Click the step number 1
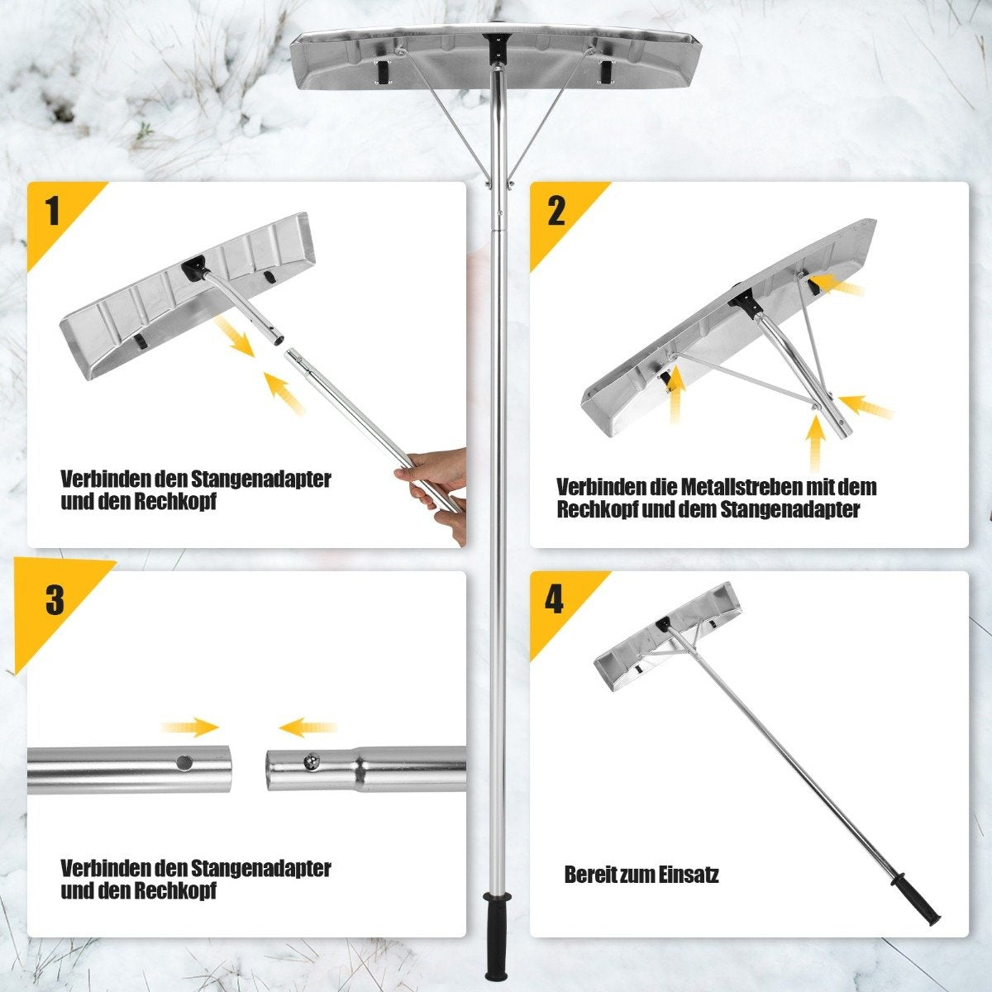[x=53, y=212]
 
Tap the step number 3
[x=55, y=600]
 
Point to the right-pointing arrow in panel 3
[x=191, y=727]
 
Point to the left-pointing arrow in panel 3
[x=308, y=727]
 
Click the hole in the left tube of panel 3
[x=184, y=762]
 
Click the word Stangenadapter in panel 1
[x=261, y=479]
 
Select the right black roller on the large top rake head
[x=607, y=71]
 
